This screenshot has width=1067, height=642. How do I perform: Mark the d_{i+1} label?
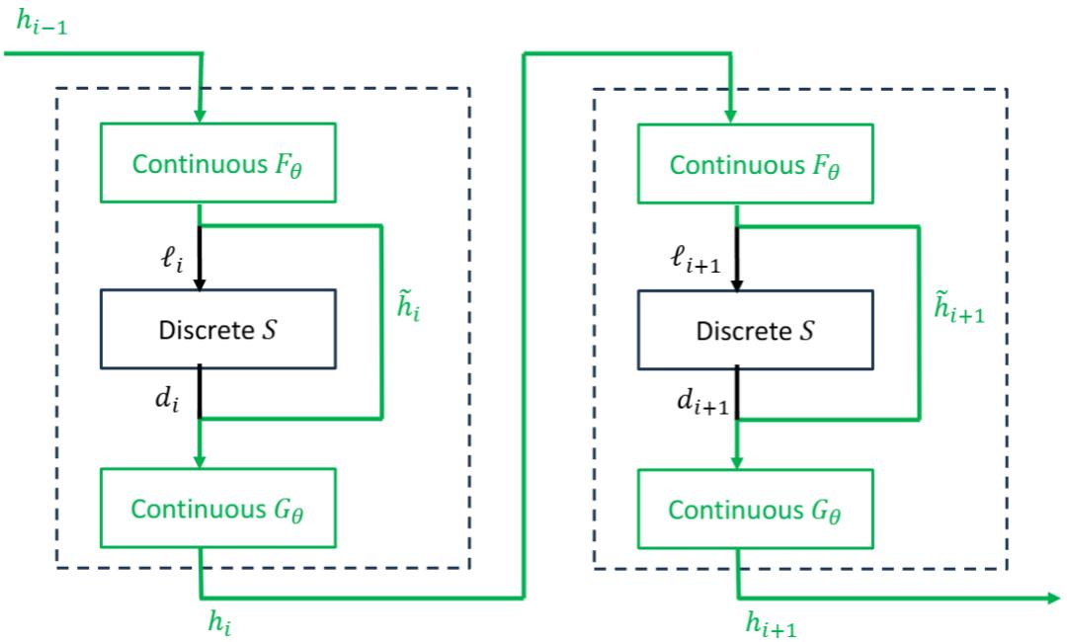(702, 402)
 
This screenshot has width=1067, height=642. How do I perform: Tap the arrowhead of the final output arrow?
(1053, 597)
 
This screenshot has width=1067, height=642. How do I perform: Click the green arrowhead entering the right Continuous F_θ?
(730, 117)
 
